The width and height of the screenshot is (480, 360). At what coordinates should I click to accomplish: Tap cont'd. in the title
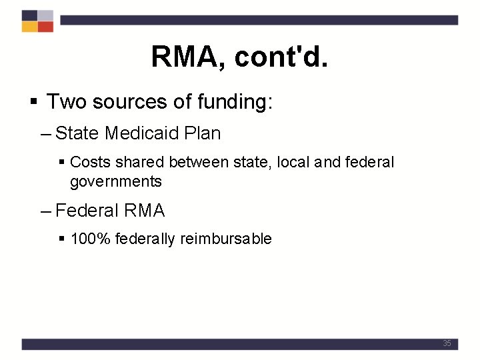tap(281, 57)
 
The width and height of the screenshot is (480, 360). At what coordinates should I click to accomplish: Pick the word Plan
tap(202, 133)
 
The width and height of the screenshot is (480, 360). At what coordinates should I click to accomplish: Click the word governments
tap(115, 181)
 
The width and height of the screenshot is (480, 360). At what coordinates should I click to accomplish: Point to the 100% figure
tap(90, 239)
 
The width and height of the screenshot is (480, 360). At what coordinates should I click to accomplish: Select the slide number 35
tap(447, 343)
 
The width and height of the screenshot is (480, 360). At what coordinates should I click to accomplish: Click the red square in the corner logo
tap(45, 27)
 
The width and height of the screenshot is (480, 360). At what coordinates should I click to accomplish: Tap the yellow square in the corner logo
tap(29, 27)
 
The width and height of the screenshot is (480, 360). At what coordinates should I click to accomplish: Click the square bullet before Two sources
tap(33, 103)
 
